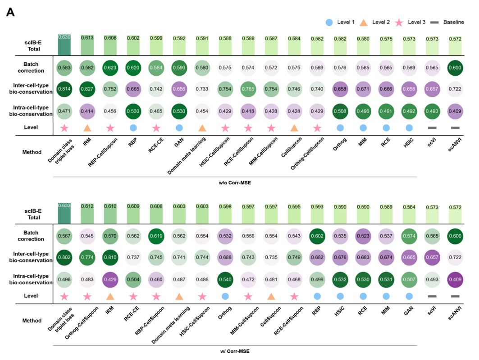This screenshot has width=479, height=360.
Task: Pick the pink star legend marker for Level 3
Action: (398, 22)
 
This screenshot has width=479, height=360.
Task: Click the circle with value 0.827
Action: (87, 88)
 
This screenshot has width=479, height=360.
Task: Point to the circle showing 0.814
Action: (64, 88)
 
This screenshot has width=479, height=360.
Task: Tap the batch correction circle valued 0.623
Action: (110, 68)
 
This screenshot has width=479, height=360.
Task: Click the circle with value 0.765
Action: (248, 88)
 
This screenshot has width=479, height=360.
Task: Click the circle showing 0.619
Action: (156, 236)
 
